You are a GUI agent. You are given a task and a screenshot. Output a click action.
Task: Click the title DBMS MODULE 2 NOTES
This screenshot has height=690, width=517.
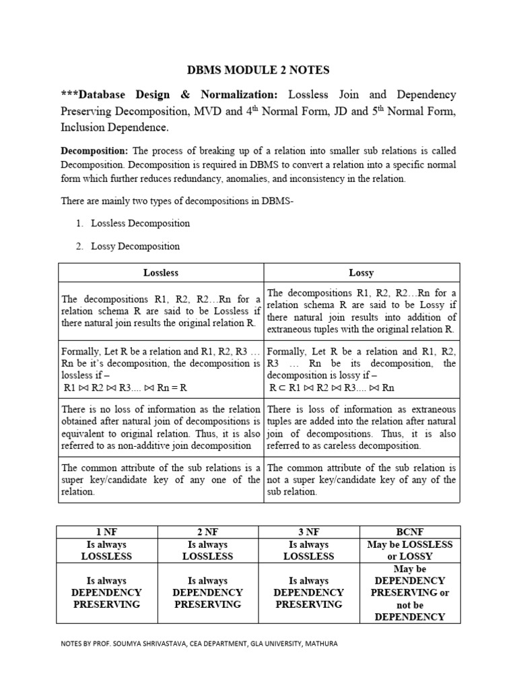[258, 69]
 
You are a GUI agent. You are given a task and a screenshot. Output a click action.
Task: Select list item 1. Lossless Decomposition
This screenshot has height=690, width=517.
[133, 223]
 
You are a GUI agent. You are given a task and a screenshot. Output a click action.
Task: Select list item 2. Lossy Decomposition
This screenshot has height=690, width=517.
[127, 246]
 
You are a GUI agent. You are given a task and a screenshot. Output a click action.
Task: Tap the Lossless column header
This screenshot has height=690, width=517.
[161, 273]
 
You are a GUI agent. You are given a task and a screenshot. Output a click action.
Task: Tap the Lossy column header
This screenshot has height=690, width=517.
[361, 273]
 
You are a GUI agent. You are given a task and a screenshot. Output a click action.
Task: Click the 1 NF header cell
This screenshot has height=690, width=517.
[106, 532]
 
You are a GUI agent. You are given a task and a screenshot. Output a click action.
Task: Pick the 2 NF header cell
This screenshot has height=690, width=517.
[207, 532]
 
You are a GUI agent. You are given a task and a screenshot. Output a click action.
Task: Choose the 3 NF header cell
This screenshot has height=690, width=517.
[309, 532]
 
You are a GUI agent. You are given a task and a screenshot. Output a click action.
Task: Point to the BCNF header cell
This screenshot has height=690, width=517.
[410, 532]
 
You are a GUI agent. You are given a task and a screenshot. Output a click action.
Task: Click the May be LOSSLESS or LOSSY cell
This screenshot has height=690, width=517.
[410, 551]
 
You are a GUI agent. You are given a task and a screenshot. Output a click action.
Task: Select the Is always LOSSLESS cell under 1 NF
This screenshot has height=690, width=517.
[106, 551]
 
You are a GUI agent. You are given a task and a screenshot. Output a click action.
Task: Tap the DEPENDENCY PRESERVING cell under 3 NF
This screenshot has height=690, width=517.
[309, 592]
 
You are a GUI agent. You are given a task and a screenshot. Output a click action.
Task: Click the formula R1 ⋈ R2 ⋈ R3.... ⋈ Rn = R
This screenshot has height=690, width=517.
[125, 388]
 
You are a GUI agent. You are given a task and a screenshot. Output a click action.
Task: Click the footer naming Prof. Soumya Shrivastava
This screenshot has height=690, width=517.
[199, 644]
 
